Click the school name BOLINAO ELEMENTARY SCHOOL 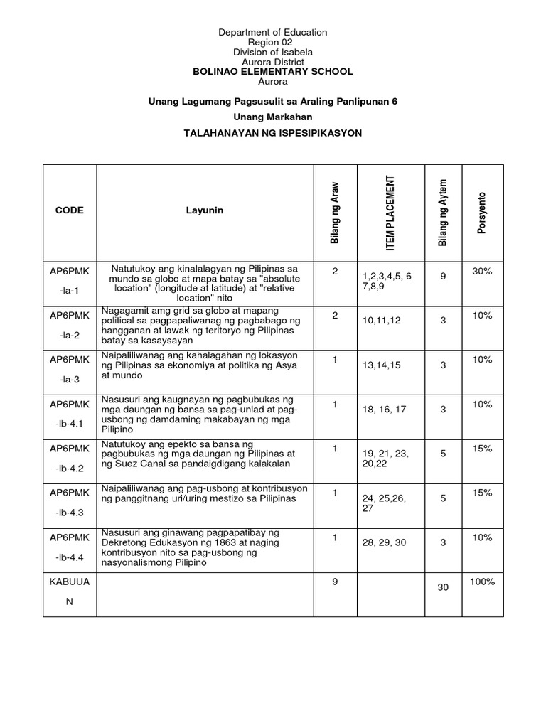coord(273,72)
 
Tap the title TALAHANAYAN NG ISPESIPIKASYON coord(273,133)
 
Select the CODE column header coord(69,210)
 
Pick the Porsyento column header coord(483,210)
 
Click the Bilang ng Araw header coord(334,211)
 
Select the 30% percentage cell coord(483,271)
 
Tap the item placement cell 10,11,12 coord(382,321)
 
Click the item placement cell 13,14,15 coord(382,365)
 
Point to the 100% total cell coord(483,582)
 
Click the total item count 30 coord(443,588)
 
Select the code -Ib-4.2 coord(69,469)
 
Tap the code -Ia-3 coord(69,380)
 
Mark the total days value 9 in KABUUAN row coord(334,582)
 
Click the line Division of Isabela coord(273,53)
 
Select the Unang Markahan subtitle coord(273,117)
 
